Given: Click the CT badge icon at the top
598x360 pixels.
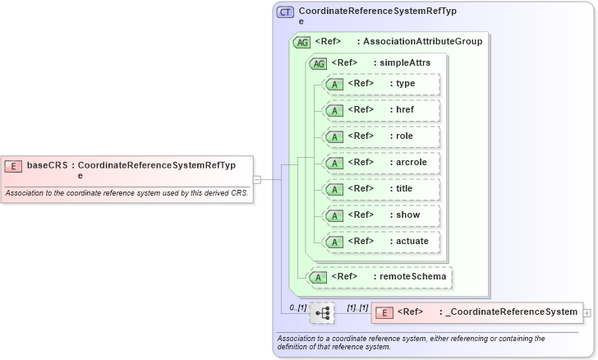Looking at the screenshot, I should (285, 12).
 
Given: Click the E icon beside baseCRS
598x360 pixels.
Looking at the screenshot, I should (13, 165).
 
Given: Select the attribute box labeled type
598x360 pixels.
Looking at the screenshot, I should (382, 84).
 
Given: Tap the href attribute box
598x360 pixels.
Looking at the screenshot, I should (382, 110).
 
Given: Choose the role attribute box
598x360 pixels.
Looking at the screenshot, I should (382, 136).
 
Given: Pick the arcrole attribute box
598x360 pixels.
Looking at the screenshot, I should (382, 163).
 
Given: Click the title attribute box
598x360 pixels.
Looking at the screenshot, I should (382, 189).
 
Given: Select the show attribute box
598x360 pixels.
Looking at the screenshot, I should (382, 215).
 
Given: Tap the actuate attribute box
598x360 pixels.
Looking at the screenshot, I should (382, 242).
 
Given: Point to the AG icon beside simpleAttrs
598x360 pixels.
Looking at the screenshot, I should (317, 63).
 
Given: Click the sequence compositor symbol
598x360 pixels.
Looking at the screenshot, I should (323, 312).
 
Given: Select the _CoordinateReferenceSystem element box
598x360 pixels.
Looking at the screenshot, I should (476, 312).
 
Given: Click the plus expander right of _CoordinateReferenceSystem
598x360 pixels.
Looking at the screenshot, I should (586, 312).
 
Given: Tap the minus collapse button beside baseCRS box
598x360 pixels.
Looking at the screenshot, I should (257, 179).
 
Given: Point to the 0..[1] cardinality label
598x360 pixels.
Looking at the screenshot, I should (297, 307).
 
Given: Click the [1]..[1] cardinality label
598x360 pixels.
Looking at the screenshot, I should (356, 307).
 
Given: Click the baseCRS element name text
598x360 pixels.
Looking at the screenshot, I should (47, 165).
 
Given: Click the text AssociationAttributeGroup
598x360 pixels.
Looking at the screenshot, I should (422, 41).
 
